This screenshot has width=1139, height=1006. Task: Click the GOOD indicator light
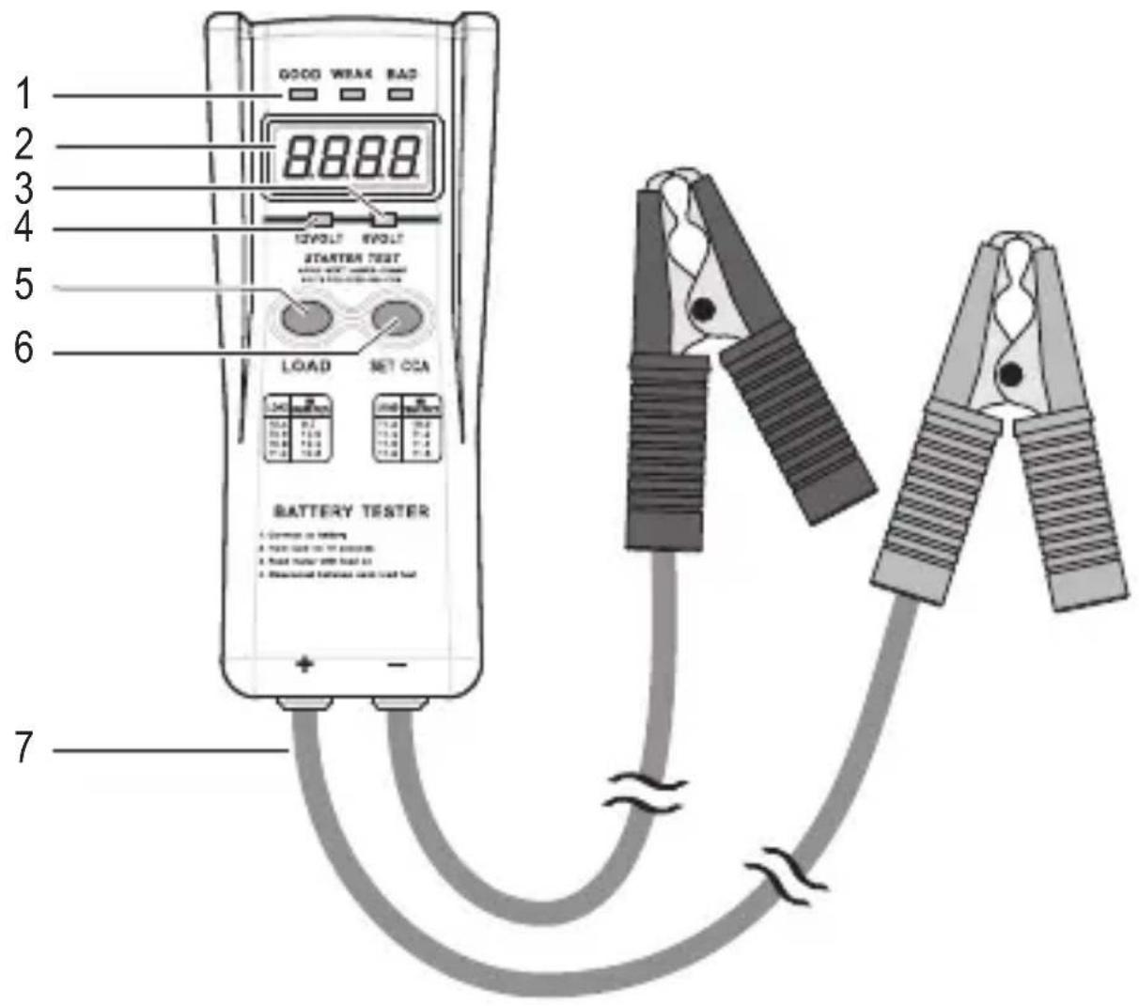pos(302,95)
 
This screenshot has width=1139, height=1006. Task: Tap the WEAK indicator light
pos(351,95)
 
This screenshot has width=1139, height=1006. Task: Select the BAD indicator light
pos(401,95)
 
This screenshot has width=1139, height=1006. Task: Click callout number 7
pos(24,749)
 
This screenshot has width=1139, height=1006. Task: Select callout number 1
pos(24,95)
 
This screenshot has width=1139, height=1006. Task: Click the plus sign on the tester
pos(304,665)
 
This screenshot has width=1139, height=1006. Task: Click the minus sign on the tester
pos(398,666)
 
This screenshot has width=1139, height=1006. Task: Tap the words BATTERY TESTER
pos(351,511)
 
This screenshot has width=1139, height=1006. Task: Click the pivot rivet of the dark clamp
pos(700,308)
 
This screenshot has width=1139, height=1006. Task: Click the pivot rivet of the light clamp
pos(1009,375)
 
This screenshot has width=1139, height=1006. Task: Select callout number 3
pos(24,188)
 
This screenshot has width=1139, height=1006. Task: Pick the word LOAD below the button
pos(305,366)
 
